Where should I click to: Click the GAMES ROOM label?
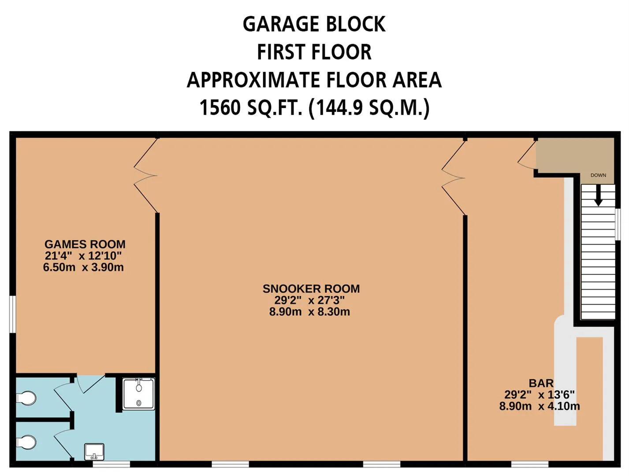click(x=85, y=244)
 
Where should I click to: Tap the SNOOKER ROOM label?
click(x=311, y=289)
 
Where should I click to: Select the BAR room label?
click(x=541, y=383)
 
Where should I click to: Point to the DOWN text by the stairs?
click(x=598, y=175)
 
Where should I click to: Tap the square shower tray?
click(x=139, y=394)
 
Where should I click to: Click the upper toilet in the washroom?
click(x=26, y=398)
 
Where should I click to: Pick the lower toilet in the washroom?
click(x=26, y=443)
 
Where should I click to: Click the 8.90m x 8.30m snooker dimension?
click(x=309, y=312)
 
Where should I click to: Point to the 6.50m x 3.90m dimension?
click(x=83, y=267)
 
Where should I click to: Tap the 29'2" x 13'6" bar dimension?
click(x=540, y=395)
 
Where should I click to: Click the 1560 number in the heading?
click(x=220, y=108)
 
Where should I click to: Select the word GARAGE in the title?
click(x=280, y=24)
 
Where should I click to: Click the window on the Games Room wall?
click(x=13, y=314)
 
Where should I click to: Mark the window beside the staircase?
click(x=618, y=224)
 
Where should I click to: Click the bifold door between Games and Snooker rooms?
click(x=145, y=175)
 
